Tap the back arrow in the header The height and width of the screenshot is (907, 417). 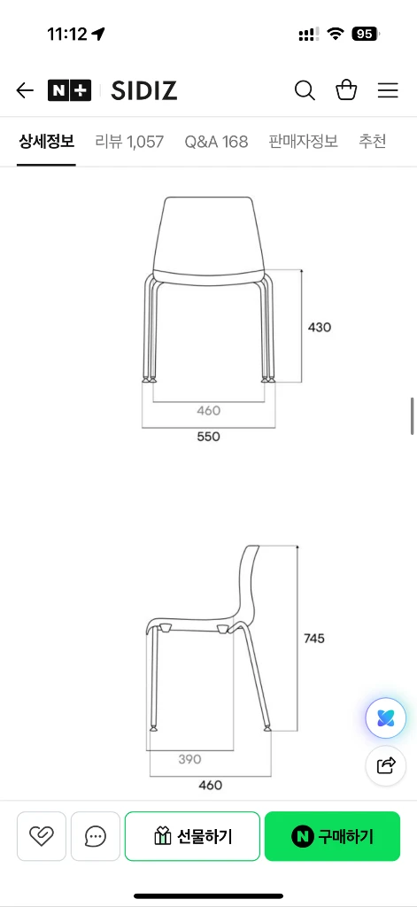tap(25, 90)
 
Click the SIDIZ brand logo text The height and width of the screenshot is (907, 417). tap(144, 91)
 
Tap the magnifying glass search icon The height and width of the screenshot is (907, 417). tap(305, 90)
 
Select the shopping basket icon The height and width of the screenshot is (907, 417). tap(346, 89)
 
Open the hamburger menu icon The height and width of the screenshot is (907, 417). tap(388, 90)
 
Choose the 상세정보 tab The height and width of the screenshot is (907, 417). tap(46, 141)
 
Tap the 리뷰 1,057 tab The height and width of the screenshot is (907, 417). tap(129, 141)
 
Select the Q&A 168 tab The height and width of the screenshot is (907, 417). tap(216, 141)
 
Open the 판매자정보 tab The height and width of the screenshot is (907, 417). tap(303, 141)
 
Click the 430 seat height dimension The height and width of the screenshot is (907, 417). tap(320, 328)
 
